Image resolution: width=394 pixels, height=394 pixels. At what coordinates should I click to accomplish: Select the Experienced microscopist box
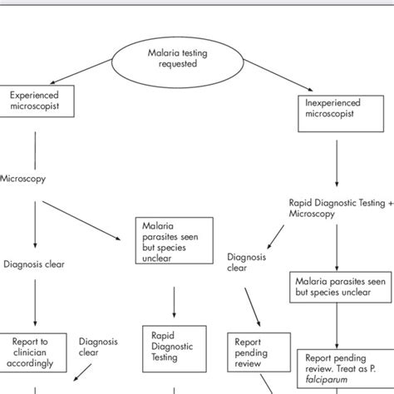[x=35, y=102]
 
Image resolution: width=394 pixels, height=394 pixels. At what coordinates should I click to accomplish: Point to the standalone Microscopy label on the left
[x=23, y=177]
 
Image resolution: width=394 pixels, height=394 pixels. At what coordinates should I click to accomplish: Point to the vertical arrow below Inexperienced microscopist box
[x=336, y=158]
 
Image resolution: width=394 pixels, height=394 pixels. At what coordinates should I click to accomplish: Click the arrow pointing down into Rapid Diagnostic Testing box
[x=173, y=303]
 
